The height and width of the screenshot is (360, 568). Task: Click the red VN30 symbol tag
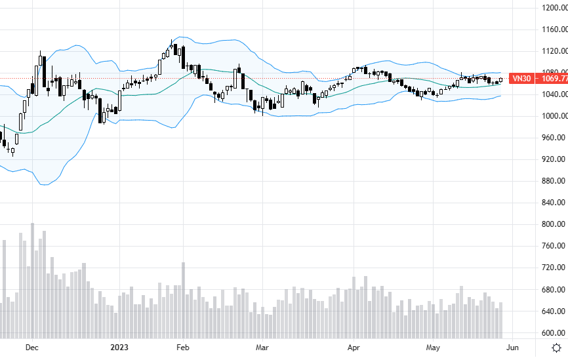[521, 79]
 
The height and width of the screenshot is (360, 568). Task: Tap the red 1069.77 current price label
[551, 79]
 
